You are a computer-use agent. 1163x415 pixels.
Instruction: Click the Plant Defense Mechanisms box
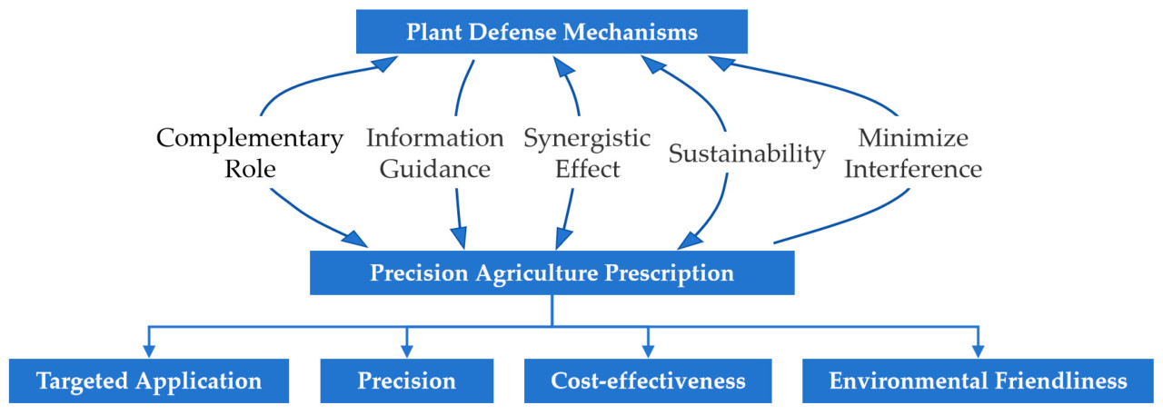coord(552,32)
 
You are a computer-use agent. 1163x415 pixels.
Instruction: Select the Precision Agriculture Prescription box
coord(552,272)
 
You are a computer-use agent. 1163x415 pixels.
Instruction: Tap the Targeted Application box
coord(149,380)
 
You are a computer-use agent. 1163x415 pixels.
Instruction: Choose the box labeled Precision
coord(406,380)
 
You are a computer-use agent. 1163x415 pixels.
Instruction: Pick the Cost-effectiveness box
coord(648,380)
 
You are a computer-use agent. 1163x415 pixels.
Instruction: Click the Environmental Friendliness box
coord(978,380)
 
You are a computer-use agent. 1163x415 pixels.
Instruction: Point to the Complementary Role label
coord(250,153)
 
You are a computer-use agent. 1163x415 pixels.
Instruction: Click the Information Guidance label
coord(434,153)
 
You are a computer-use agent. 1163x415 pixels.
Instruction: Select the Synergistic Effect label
coord(587,153)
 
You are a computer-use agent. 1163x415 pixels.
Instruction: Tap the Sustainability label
coord(747,153)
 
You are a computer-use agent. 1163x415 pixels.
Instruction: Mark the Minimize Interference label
coord(912,153)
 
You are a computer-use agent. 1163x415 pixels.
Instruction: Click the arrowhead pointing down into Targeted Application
coord(149,351)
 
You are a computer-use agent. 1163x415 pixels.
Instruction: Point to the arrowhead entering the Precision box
coord(406,351)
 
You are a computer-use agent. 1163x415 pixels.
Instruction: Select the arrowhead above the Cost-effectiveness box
coord(648,351)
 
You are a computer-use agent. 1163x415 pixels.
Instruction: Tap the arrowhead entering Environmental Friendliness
coord(978,351)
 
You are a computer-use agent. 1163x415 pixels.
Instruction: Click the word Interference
coord(912,169)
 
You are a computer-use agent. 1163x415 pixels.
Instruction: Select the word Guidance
coord(434,169)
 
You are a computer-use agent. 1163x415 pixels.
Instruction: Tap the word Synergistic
coord(587,139)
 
